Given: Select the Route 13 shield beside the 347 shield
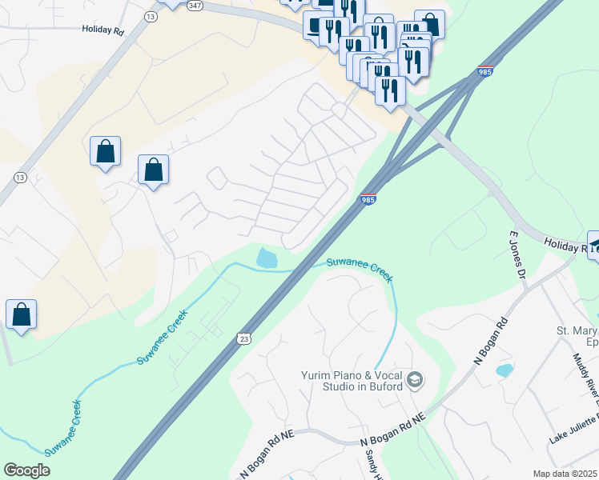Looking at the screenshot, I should click(150, 15).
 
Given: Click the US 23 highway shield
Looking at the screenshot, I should click(243, 339).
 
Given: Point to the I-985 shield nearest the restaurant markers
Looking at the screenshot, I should click(484, 70).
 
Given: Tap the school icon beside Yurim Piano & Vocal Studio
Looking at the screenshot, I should click(415, 378).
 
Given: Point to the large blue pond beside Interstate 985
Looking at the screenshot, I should click(266, 258).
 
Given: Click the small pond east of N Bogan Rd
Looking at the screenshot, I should click(505, 370).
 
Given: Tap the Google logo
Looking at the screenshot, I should click(26, 470).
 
